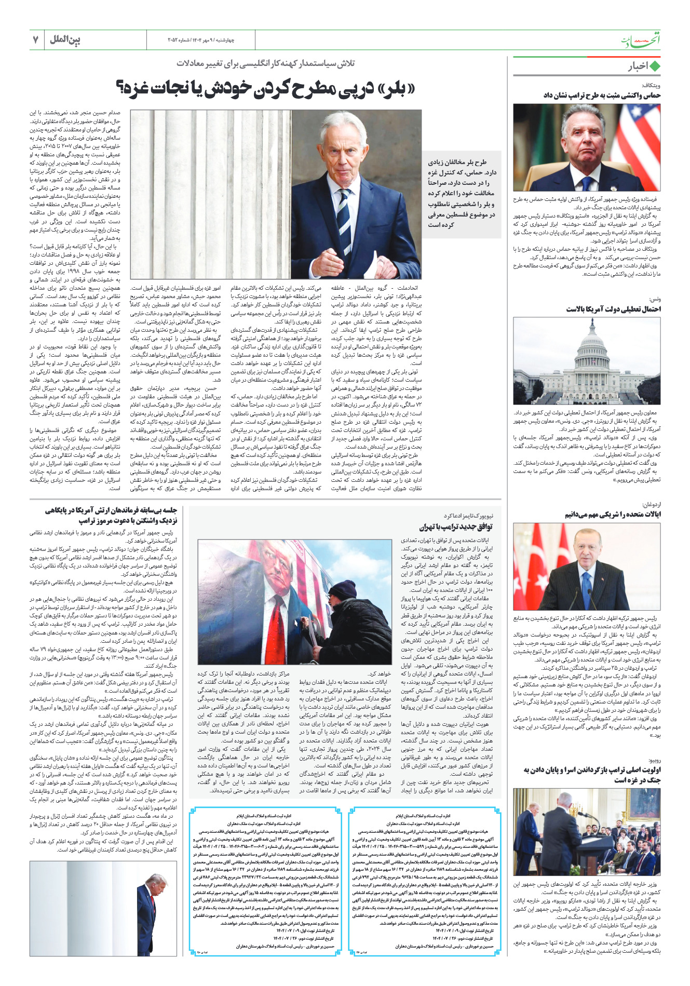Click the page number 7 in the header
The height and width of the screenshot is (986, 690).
pos(35,39)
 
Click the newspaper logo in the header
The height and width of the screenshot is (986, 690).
pos(641,40)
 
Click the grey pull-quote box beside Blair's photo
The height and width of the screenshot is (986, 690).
pos(462,193)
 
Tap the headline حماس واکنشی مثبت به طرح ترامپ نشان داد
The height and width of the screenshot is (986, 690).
pos(602,95)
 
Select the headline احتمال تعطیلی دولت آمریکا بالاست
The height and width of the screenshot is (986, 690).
pos(613,309)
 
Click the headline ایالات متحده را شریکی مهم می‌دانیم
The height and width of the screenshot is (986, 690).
pos(613,515)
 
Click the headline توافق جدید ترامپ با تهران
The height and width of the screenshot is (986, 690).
pos(455,526)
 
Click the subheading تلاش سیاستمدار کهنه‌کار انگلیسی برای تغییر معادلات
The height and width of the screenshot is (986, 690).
pos(266,63)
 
